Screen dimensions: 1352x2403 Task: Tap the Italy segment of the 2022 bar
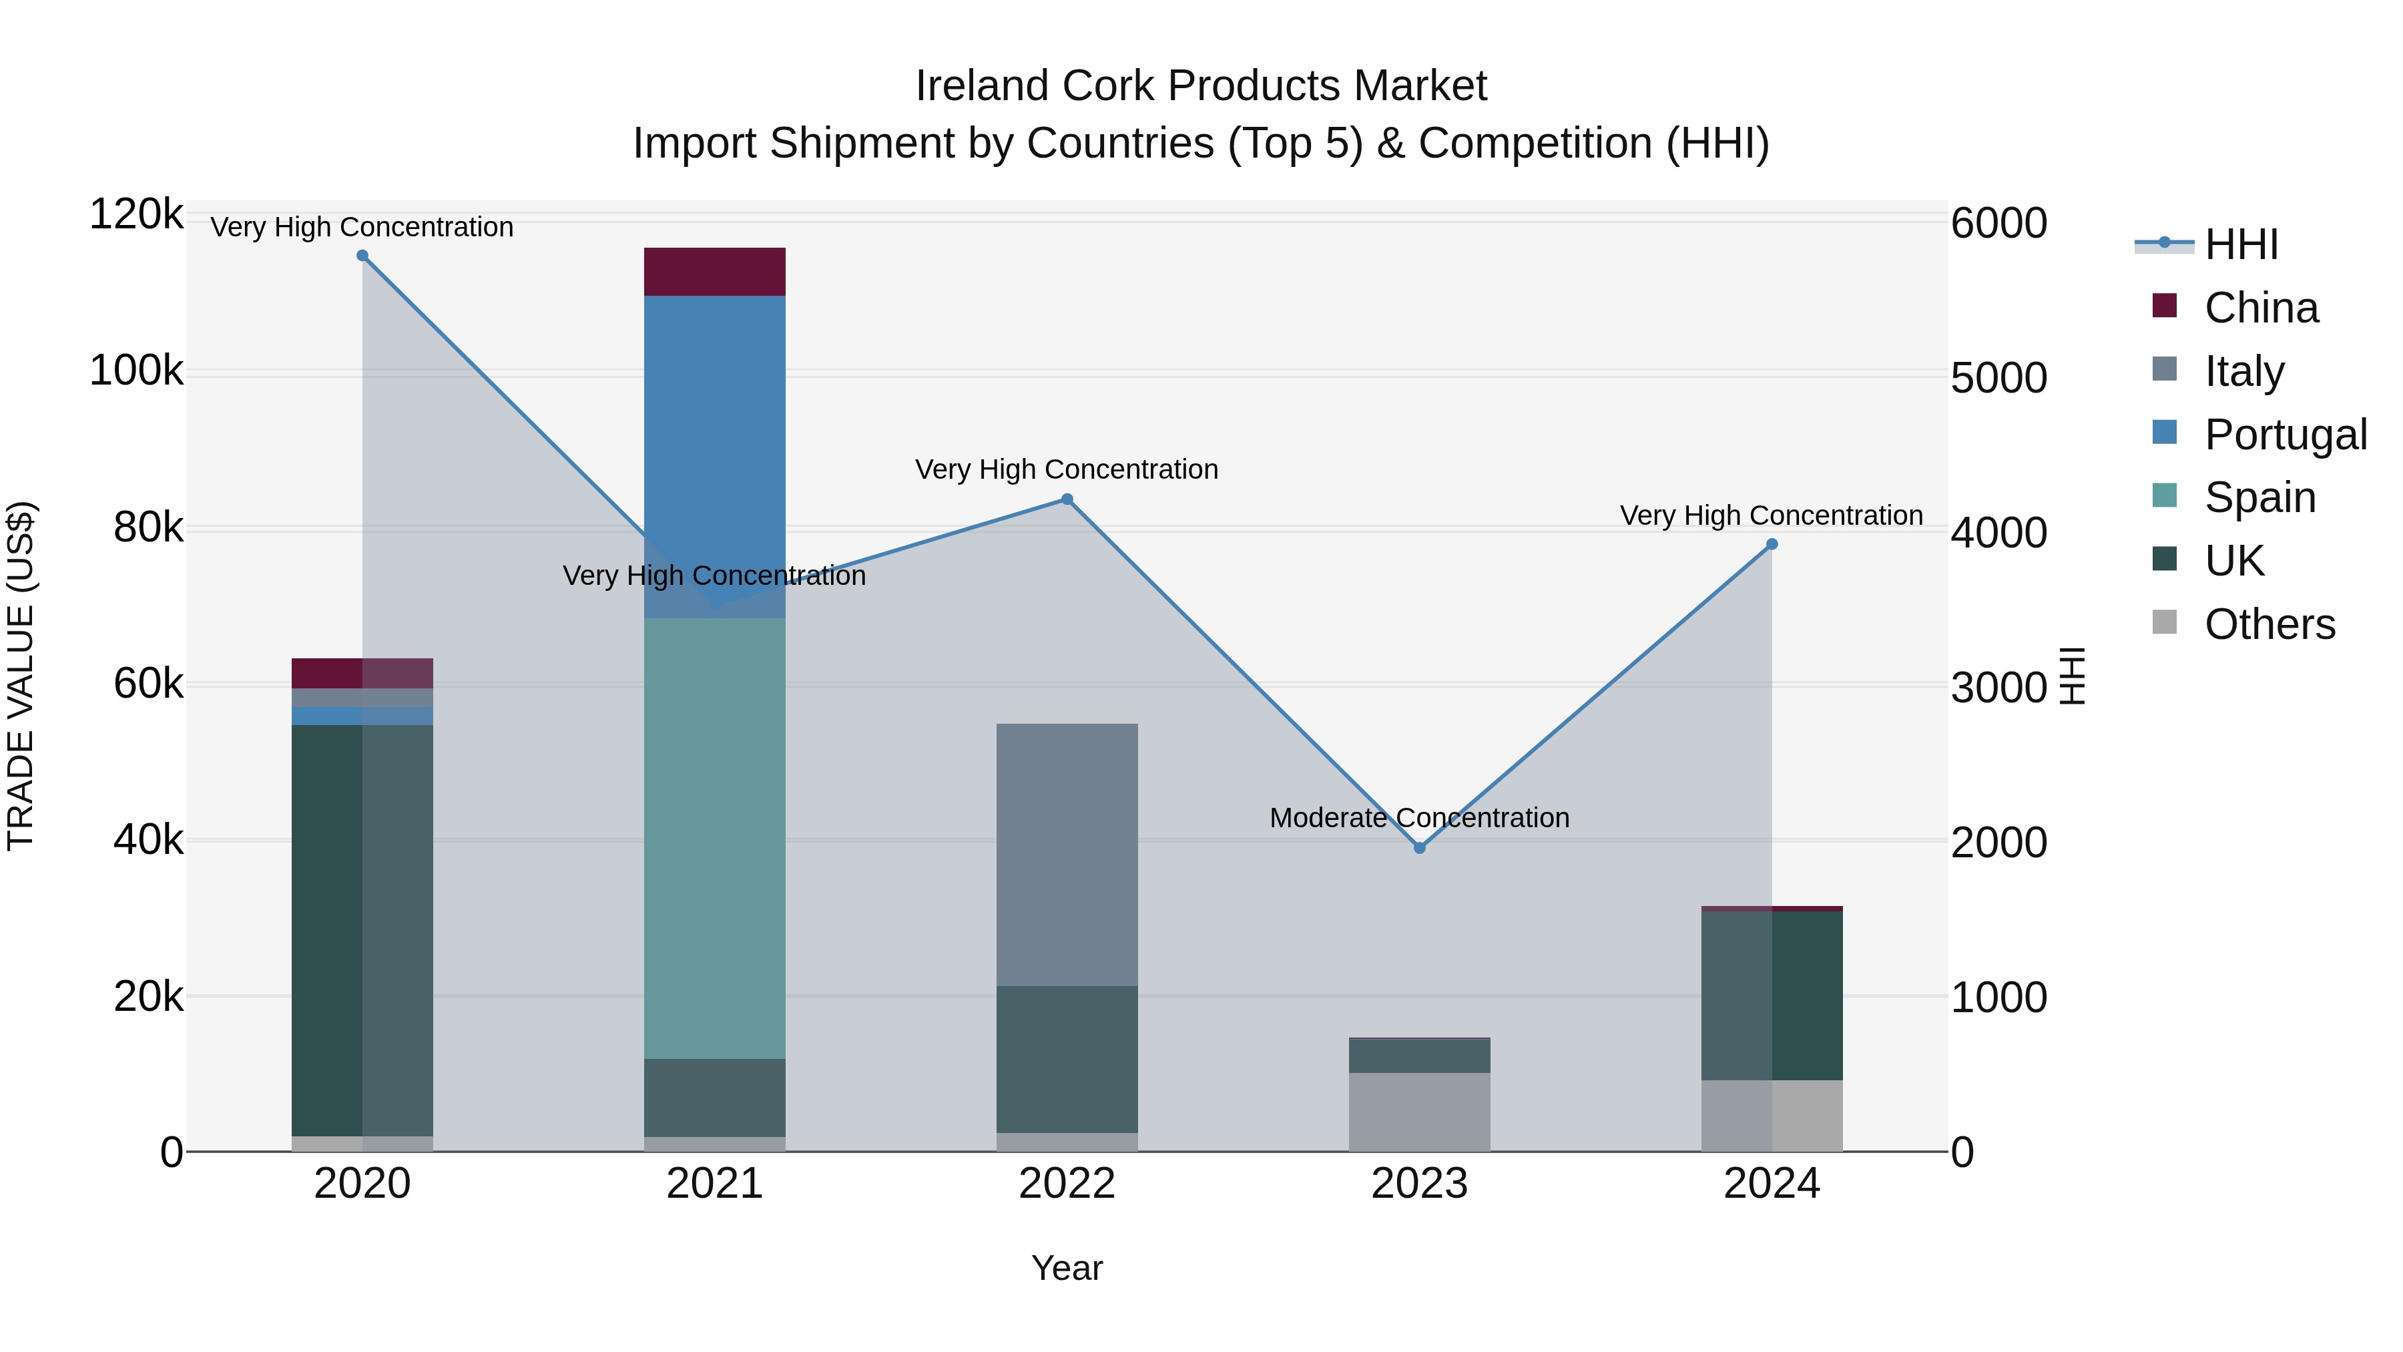pos(1067,854)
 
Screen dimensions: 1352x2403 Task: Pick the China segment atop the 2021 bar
pos(714,272)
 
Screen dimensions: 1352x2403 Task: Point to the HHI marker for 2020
pos(363,256)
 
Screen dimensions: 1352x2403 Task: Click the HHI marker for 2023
pos(1420,848)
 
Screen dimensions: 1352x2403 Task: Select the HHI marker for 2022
pos(1067,499)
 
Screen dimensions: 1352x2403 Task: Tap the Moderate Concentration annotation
pos(1419,817)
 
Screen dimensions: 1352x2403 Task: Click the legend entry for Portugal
pos(2285,434)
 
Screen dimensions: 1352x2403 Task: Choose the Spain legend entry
pos(2259,497)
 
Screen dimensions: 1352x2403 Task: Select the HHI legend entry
pos(2241,244)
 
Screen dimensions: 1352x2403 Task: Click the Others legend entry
pos(2269,624)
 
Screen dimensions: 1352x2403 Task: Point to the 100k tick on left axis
pos(136,371)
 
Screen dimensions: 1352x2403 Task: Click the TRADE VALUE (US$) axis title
pos(21,676)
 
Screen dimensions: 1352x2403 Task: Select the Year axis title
pos(1067,1268)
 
